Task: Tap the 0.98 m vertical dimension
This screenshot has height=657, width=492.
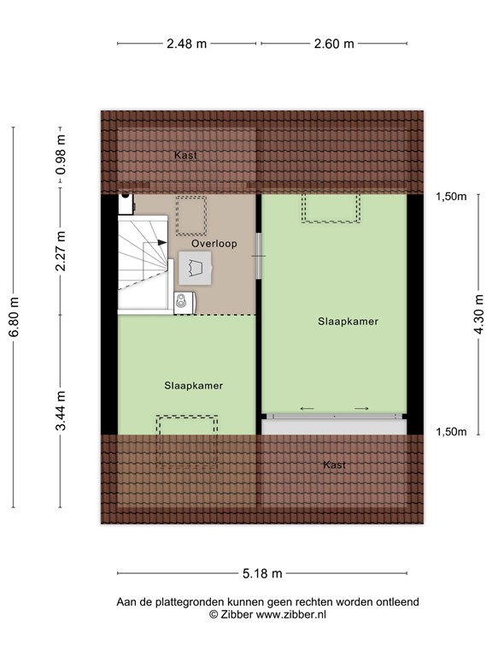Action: tap(61, 157)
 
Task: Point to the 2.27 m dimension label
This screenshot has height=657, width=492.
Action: tap(61, 252)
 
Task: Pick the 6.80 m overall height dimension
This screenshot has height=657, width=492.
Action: tap(14, 317)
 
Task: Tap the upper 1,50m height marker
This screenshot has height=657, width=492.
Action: tap(451, 197)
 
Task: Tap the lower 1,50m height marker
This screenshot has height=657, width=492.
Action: tap(451, 432)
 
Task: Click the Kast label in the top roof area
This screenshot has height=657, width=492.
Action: tap(185, 155)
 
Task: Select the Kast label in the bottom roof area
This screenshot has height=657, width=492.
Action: tap(335, 465)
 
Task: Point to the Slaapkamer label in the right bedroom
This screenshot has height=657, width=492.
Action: tap(348, 321)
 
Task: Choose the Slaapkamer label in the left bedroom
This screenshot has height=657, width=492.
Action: tap(194, 386)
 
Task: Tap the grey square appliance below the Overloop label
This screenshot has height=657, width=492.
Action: tap(193, 269)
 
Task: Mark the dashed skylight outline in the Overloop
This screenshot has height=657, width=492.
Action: tap(191, 215)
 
